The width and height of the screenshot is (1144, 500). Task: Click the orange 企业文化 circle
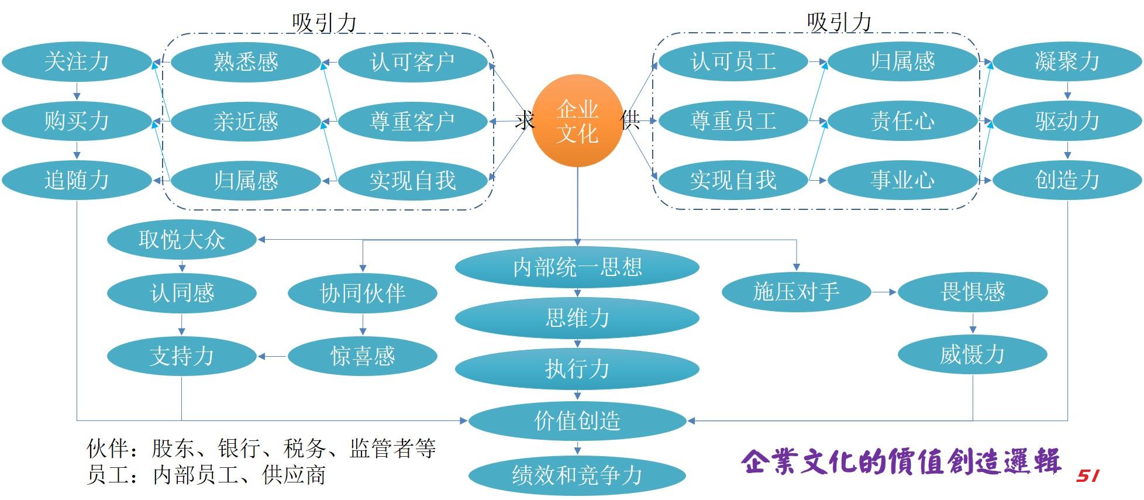577,121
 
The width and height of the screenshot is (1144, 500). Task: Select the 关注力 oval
77,61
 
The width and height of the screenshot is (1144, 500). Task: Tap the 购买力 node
77,121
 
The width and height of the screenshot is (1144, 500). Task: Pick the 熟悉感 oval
246,61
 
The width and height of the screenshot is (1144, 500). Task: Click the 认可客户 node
412,61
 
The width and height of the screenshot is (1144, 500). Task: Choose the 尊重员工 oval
733,121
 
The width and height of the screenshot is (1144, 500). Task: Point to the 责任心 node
902,121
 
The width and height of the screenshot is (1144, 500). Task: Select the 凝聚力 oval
1067,61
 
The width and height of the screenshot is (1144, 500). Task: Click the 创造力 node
1067,180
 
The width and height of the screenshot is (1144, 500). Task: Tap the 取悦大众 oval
182,239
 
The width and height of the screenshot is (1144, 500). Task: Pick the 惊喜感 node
363,356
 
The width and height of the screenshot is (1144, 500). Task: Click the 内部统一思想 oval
577,267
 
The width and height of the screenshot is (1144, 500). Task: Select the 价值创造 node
577,420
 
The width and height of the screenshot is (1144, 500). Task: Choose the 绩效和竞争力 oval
577,475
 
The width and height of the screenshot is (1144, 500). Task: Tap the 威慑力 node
972,354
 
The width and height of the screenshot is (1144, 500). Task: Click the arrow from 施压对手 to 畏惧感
884,292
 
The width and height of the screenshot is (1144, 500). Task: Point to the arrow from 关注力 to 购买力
77,91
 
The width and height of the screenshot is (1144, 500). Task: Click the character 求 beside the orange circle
525,121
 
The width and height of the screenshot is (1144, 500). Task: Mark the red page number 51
1087,476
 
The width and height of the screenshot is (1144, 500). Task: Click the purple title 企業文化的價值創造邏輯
901,462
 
